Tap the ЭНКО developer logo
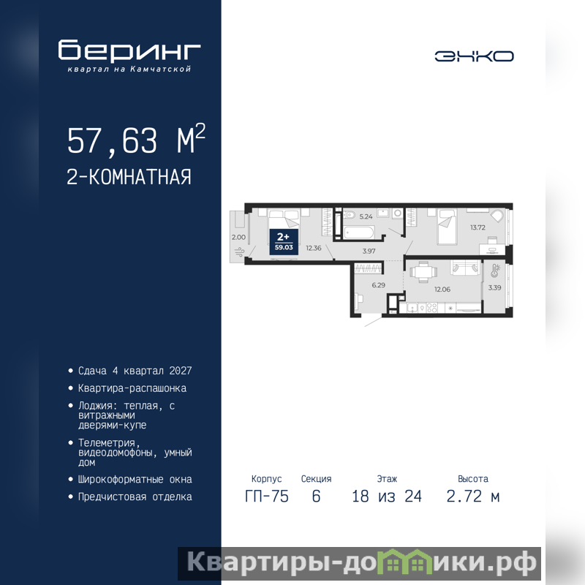474,56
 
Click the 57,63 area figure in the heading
113,140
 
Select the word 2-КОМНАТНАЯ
129,177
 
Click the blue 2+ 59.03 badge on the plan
284,242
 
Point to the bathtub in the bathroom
358,233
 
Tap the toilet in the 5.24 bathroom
349,215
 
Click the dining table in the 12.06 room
423,271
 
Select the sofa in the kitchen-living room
464,268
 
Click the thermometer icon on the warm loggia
495,271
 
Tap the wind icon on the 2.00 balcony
239,252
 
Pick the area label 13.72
478,227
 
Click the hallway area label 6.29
378,285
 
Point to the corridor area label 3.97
369,251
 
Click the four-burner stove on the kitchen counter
431,308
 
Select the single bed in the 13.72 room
448,227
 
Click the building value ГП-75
267,497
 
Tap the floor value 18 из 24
387,497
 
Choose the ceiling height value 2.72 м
472,497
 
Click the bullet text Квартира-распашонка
132,388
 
